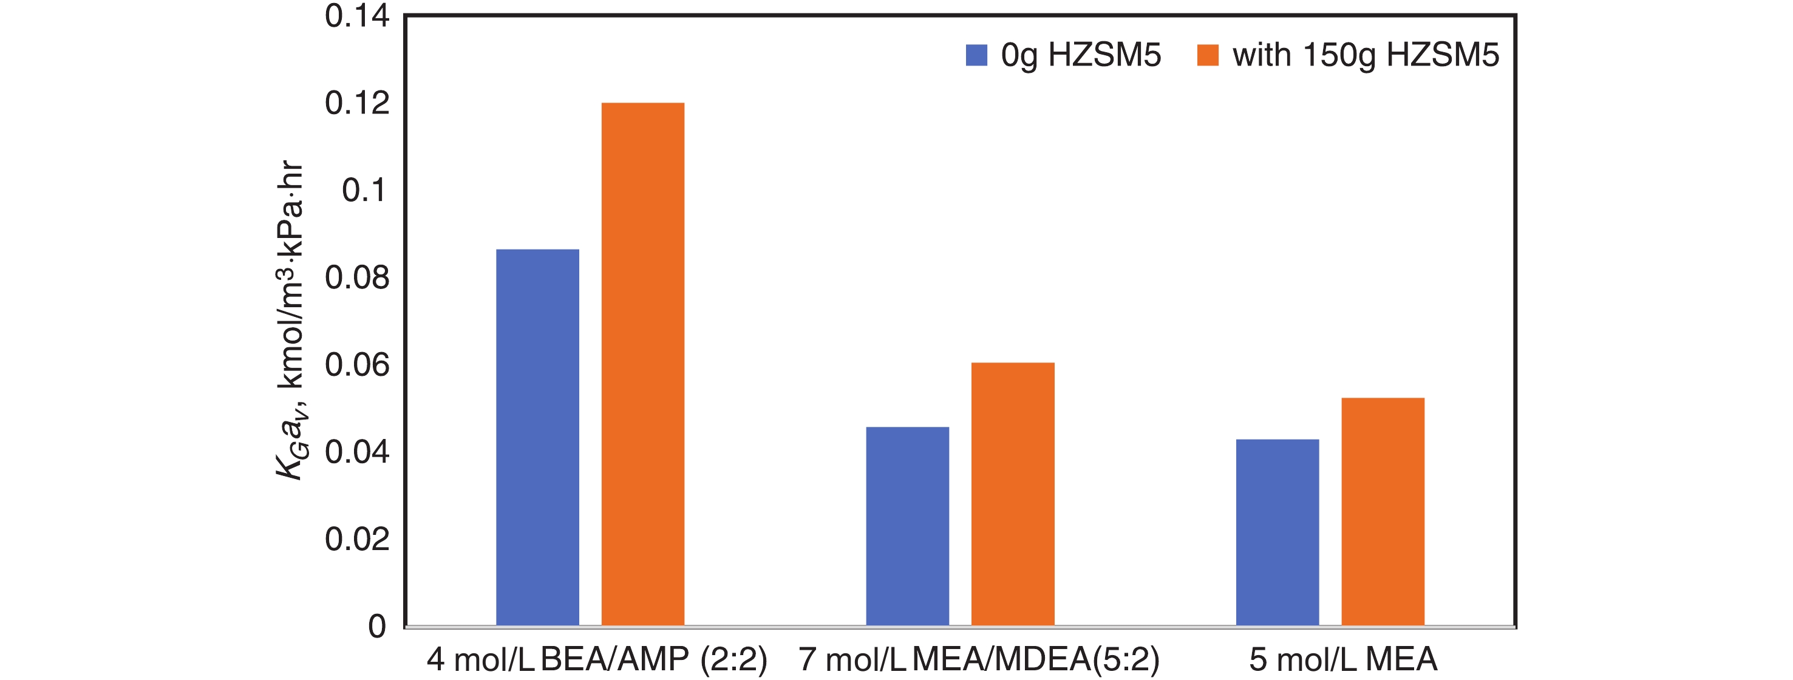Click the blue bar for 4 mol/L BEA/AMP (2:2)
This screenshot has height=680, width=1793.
(537, 437)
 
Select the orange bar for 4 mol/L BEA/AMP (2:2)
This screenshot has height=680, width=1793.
(642, 364)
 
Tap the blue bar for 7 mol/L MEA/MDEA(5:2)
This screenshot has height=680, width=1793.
(907, 526)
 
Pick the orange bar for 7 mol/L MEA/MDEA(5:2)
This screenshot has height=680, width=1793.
(1013, 494)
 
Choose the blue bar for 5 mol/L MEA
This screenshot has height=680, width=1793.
(1278, 532)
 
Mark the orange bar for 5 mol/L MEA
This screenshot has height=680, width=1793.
(1383, 512)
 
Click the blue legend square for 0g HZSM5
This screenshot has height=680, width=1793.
(976, 55)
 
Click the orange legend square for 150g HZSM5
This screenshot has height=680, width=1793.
(1208, 55)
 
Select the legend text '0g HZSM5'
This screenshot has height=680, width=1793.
(1081, 55)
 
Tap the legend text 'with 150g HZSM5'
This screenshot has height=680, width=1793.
(1366, 55)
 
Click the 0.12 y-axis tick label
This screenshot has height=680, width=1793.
(357, 103)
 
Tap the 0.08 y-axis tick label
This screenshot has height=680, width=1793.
(357, 277)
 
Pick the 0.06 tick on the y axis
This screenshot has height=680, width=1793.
(357, 365)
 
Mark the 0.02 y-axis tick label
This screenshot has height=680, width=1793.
(357, 539)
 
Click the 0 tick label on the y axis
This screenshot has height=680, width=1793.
(376, 627)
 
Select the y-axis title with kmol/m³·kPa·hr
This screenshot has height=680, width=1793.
(290, 320)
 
